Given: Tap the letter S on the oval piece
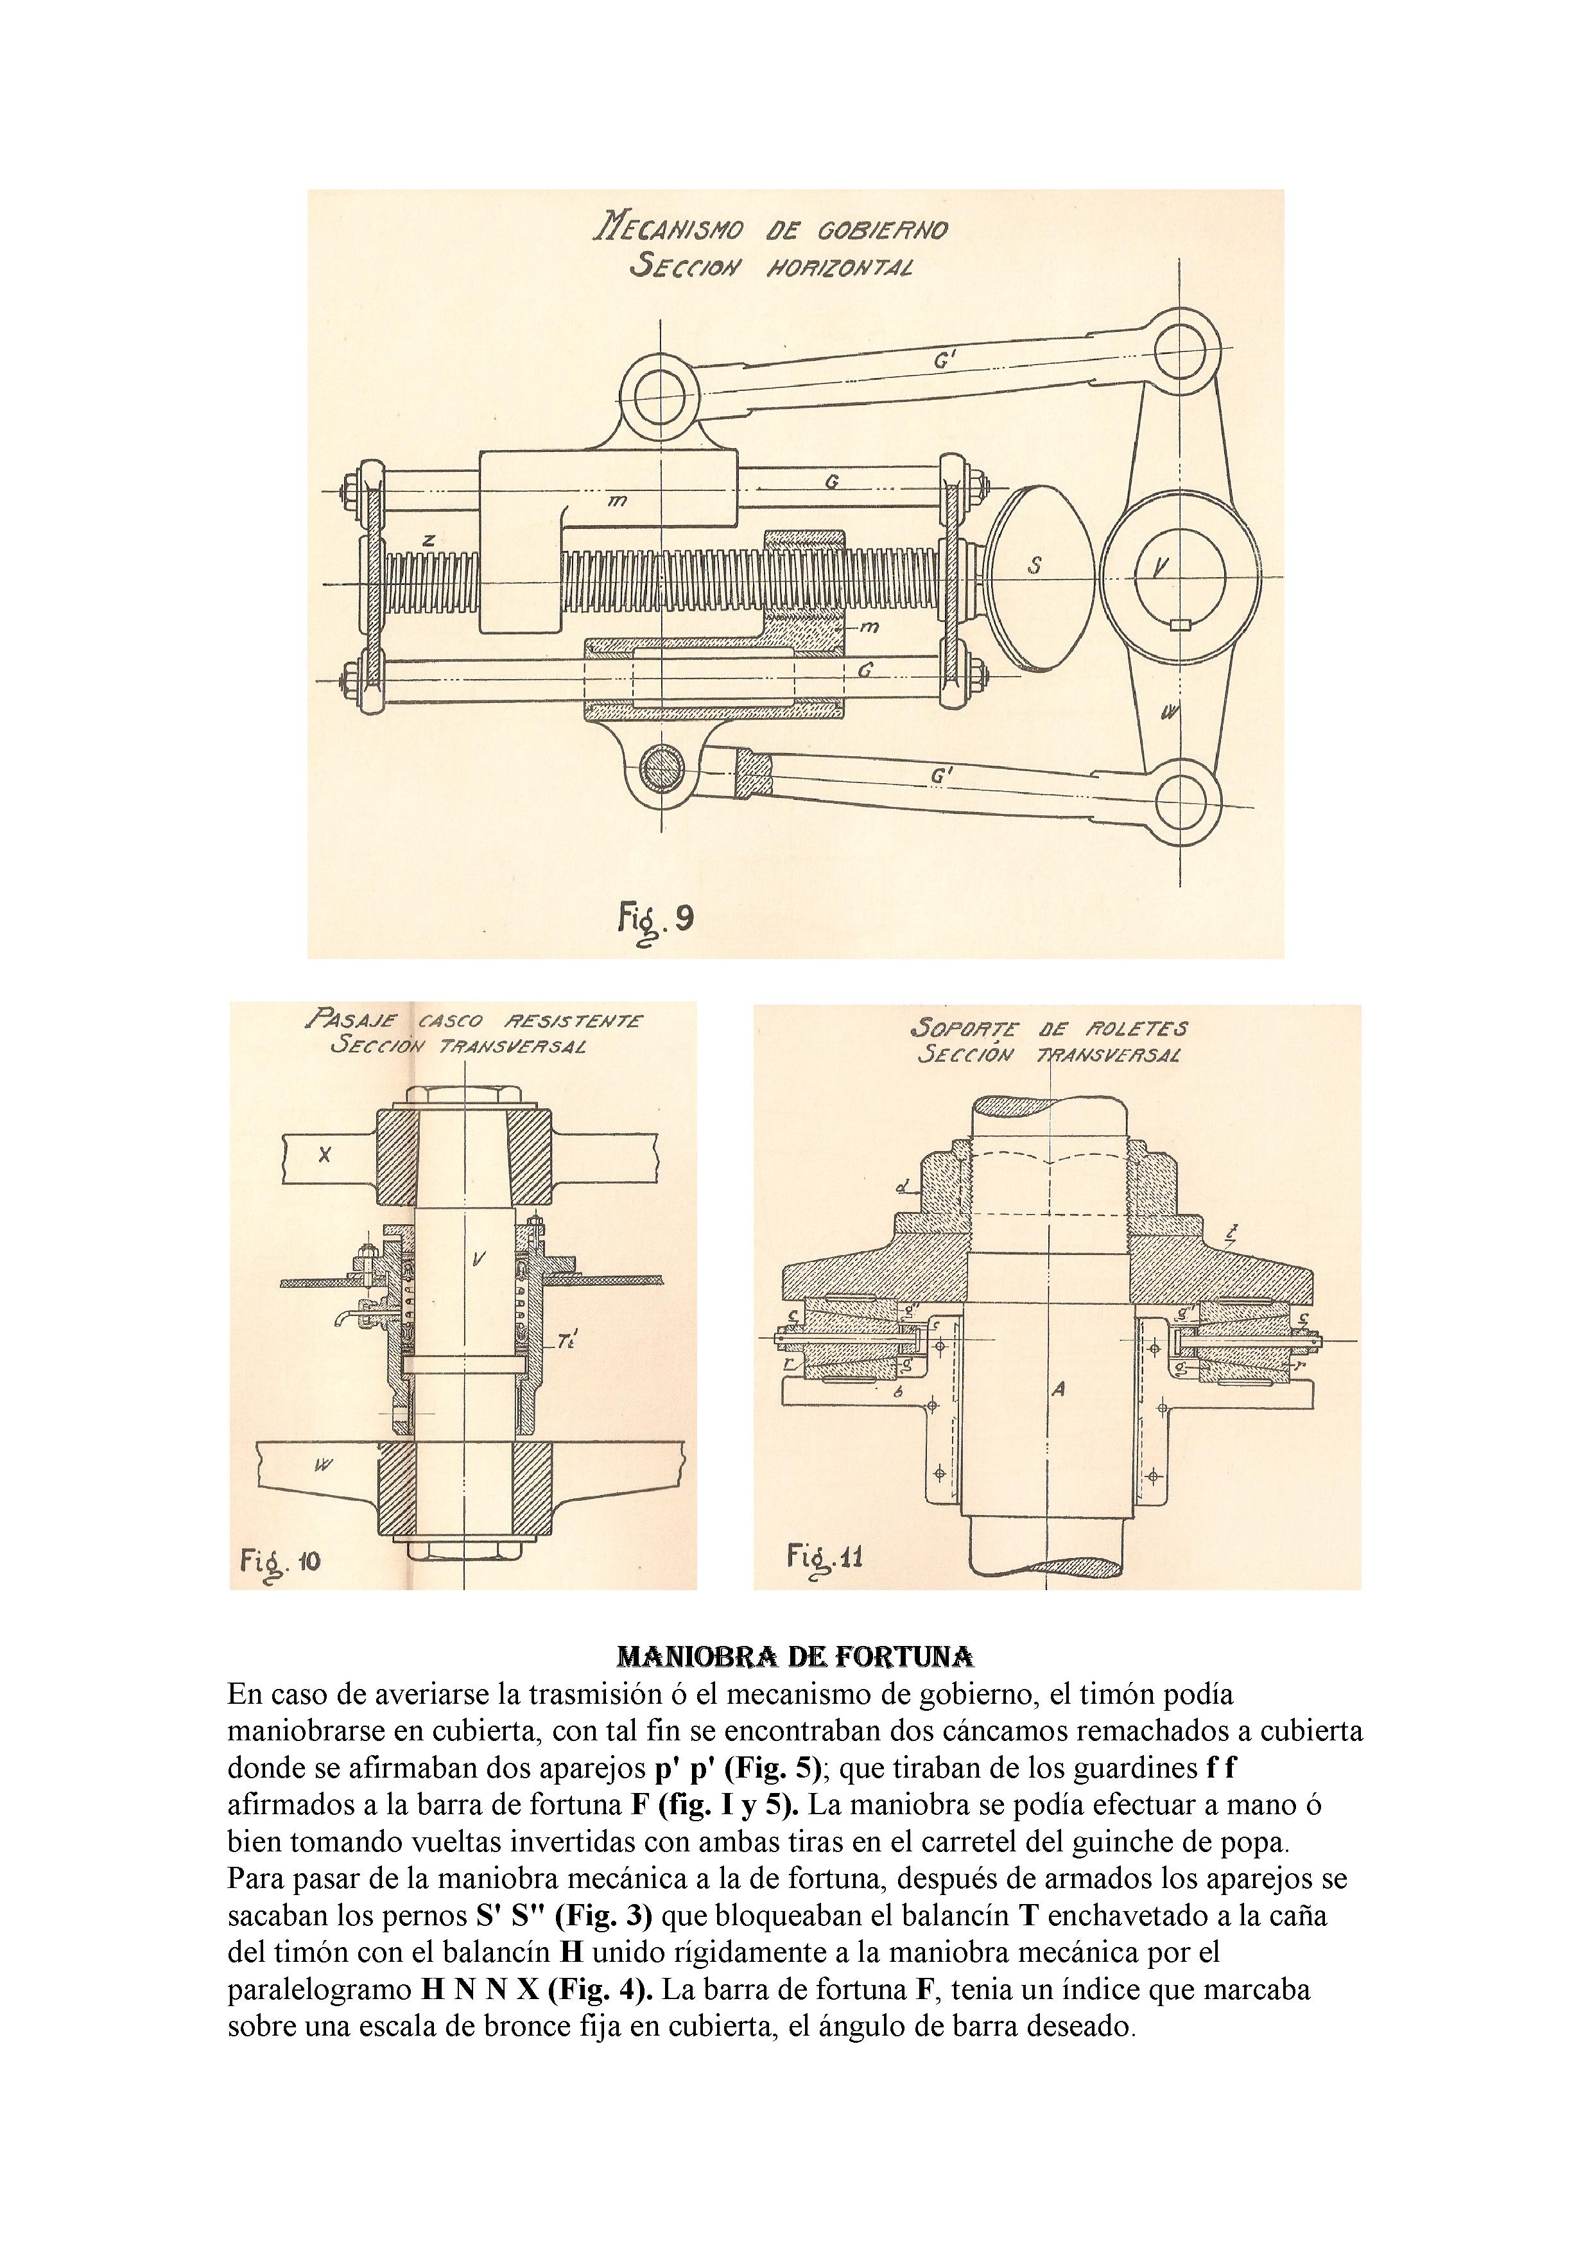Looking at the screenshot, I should (1034, 567).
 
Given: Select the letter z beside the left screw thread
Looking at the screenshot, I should (428, 539).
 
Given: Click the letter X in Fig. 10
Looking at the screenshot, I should (325, 1156).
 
